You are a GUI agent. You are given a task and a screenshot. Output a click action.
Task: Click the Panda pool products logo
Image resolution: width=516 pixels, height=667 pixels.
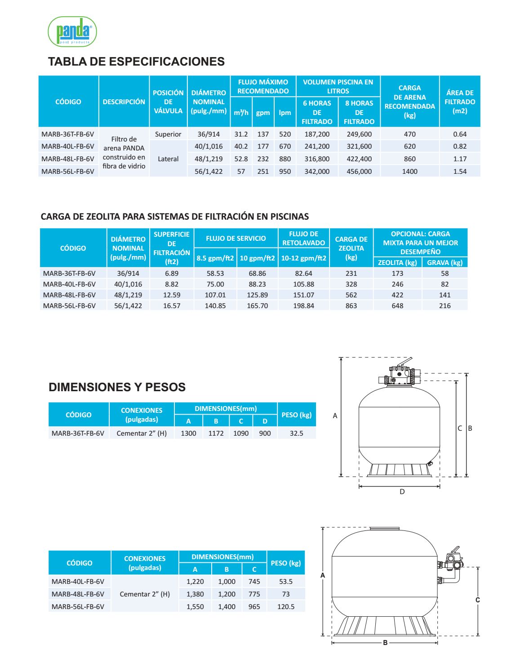72,31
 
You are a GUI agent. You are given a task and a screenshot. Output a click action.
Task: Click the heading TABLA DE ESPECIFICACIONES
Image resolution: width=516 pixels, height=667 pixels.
136,62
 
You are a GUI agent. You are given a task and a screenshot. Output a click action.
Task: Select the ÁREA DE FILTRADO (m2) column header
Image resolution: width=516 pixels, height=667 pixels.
459,102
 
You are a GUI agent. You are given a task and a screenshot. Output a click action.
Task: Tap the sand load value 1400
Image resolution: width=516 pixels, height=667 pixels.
409,172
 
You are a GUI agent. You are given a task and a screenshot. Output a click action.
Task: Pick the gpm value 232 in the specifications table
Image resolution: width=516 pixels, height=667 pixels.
263,159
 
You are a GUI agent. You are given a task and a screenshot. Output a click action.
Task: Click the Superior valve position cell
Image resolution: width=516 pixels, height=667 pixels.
168,134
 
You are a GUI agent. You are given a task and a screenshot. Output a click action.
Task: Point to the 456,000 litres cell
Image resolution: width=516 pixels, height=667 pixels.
359,172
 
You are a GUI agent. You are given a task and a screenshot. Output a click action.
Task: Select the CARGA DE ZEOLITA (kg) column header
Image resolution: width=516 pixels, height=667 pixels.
351,248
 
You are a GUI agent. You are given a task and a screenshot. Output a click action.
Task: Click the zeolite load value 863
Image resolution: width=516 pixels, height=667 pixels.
351,306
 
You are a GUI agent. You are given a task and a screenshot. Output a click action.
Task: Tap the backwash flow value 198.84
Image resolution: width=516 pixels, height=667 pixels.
303,306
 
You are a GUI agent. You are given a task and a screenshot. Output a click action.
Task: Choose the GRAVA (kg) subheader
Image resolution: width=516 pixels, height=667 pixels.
445,263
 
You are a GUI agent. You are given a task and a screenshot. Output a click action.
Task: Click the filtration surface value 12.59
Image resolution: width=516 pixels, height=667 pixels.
172,295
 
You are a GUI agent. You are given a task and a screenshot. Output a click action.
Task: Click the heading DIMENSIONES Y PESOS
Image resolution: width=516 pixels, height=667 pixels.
117,387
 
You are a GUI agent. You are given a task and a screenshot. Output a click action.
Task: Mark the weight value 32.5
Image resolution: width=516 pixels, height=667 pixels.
296,433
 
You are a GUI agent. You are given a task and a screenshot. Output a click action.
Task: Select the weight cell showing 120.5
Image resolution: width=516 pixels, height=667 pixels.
286,607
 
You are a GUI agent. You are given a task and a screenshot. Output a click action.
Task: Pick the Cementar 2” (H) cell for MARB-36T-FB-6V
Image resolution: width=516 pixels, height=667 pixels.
142,433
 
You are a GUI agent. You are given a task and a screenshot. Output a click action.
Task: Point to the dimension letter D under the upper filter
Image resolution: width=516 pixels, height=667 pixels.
402,492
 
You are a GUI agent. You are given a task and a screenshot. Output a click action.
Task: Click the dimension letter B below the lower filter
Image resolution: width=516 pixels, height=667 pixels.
385,643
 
